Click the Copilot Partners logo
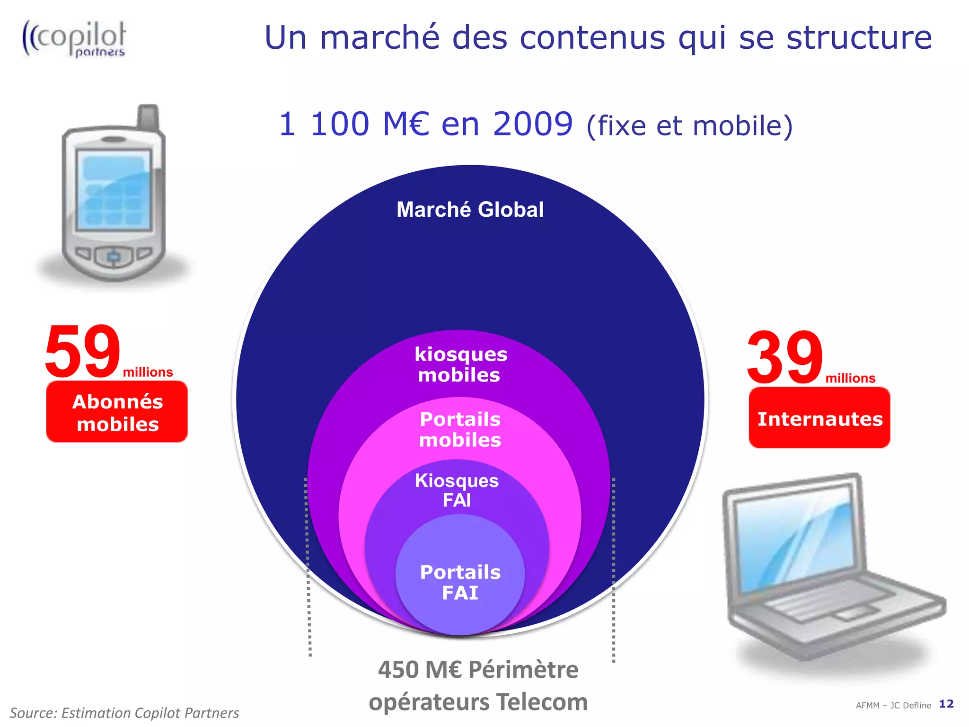coord(74,39)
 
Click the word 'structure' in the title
coord(859,37)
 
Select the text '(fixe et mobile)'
coord(689,126)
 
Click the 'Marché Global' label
coord(470,210)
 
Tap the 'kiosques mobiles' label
coord(460,364)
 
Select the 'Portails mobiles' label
coord(460,429)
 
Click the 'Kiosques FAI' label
coord(457,490)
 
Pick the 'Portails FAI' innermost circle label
coord(460,582)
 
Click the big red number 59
coord(83,352)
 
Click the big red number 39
coord(785,358)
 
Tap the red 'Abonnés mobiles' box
coord(117,412)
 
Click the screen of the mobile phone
coord(114,190)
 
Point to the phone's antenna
coord(148,117)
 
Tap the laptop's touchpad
coord(850,614)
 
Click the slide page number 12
coord(946,704)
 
